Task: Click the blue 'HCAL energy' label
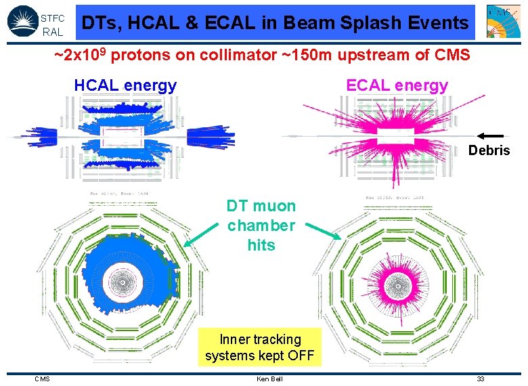click(125, 85)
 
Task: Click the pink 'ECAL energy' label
click(397, 85)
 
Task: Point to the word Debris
click(489, 150)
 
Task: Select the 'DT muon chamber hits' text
click(261, 226)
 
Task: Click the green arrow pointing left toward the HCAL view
click(203, 237)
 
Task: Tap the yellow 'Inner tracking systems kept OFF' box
click(261, 347)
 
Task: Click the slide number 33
click(480, 379)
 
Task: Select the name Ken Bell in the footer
click(269, 379)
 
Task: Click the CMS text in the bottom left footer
click(42, 379)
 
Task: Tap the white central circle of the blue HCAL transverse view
click(123, 278)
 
